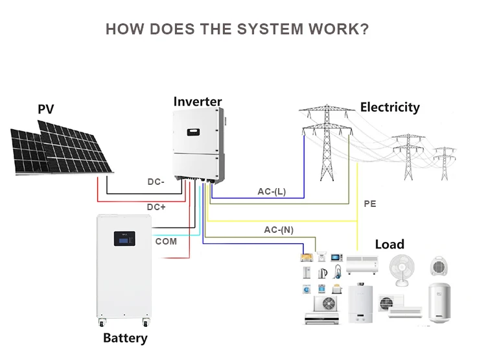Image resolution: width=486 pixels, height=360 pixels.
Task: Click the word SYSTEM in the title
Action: (270, 29)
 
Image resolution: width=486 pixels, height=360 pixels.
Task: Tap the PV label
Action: (46, 109)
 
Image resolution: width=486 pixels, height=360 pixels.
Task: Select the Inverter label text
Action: (198, 101)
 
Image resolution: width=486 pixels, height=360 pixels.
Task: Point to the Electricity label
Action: (390, 108)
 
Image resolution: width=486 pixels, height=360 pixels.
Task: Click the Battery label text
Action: (125, 339)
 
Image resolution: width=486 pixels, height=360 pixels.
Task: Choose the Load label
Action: (389, 245)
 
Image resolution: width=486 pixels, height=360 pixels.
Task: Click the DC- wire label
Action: (156, 182)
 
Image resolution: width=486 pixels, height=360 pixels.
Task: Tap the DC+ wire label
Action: (156, 207)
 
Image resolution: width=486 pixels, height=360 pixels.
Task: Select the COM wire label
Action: (166, 241)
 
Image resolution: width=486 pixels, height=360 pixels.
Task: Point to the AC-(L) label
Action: (272, 191)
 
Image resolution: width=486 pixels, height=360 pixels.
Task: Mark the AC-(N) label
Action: (279, 230)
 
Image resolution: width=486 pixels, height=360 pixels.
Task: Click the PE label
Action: (370, 204)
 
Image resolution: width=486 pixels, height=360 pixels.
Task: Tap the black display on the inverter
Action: (193, 132)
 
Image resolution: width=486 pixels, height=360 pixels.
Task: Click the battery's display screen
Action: (124, 239)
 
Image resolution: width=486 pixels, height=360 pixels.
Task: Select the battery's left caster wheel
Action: (102, 323)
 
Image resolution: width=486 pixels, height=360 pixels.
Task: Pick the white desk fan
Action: (402, 270)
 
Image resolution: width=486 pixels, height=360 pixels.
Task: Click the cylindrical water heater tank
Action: (439, 302)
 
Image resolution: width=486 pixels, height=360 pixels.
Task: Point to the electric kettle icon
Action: (322, 273)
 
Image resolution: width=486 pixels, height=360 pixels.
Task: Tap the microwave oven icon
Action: (336, 258)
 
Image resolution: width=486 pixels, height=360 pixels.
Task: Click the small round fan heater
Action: (439, 266)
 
